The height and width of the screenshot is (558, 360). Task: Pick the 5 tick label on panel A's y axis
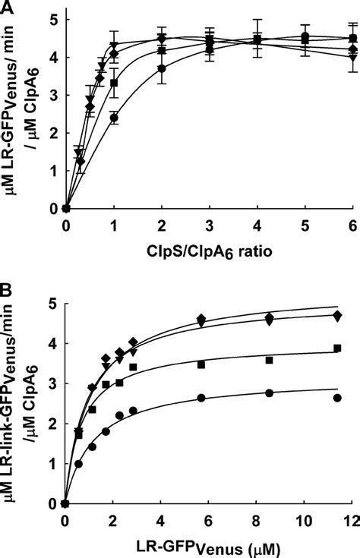pyautogui.click(x=51, y=20)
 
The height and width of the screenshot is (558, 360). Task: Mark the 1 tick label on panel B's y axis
pyautogui.click(x=51, y=463)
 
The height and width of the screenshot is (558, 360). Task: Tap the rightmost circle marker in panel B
pyautogui.click(x=337, y=397)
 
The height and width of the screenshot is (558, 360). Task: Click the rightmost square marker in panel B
pyautogui.click(x=337, y=348)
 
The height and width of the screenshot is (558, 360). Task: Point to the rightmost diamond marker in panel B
pyautogui.click(x=337, y=315)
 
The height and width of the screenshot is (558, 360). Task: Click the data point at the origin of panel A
pyautogui.click(x=67, y=208)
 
